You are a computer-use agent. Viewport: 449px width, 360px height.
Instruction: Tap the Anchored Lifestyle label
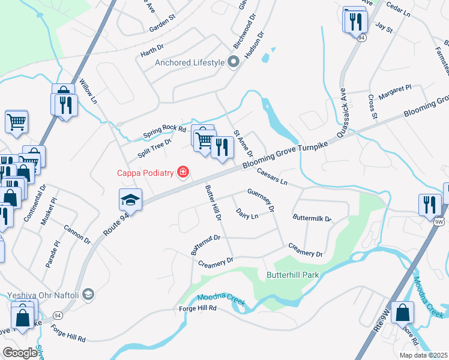(190, 62)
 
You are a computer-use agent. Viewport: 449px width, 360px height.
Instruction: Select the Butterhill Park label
(292, 275)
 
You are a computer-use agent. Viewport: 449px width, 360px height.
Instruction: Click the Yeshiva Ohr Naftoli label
(43, 295)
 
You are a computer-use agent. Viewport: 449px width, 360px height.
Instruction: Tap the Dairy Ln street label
(247, 214)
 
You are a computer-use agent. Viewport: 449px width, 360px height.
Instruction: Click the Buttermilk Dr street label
(312, 218)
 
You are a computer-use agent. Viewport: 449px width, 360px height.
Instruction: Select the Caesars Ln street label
(273, 176)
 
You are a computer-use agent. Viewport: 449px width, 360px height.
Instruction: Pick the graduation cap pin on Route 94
(130, 199)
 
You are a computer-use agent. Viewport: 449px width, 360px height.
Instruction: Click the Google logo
(20, 353)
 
